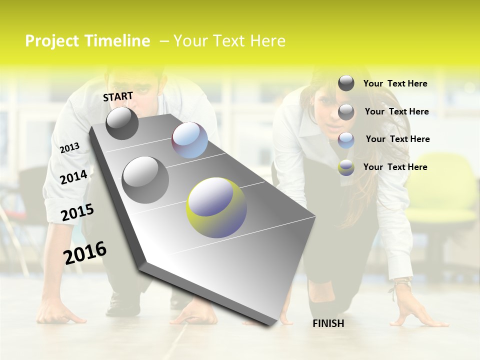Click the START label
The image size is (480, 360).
pos(118,96)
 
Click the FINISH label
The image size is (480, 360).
pos(328,323)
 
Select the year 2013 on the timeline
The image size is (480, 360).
pos(69,148)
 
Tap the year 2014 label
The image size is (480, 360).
pos(74,177)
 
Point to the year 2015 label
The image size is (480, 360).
pos(77,212)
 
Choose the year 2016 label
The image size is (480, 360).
pos(85,252)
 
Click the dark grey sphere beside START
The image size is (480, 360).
pos(122,123)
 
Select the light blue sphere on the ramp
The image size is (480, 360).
pos(190,140)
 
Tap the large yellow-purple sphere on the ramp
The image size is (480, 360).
pos(216,207)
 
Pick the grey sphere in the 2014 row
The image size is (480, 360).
pos(145,179)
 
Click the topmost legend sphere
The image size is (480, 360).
pos(346,83)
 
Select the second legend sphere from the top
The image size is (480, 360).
pos(346,111)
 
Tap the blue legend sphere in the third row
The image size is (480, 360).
pos(346,140)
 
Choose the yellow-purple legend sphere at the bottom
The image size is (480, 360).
pos(346,167)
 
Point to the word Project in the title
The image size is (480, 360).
pos(52,41)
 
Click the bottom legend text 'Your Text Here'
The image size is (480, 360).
pos(395,167)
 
